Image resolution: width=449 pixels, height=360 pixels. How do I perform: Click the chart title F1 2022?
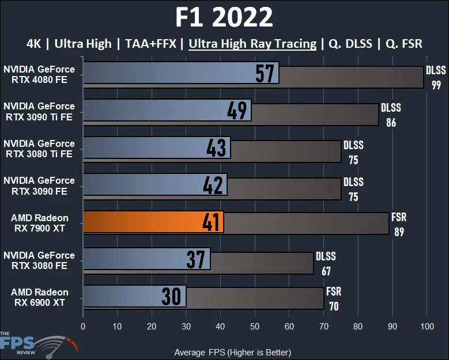pos(224,18)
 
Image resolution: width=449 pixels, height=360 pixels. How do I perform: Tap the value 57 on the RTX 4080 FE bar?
pos(265,74)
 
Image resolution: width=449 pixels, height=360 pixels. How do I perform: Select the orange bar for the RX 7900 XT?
pos(153,222)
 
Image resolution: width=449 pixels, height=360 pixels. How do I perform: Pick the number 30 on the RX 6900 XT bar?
pos(172,296)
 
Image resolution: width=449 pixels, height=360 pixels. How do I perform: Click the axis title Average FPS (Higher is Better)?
pos(232,352)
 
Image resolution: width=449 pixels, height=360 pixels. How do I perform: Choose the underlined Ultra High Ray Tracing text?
pos(252,44)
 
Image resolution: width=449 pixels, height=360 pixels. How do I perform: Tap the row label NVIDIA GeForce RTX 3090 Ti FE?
pos(39,111)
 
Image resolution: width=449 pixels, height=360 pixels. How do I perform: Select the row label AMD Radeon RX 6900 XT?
pos(39,297)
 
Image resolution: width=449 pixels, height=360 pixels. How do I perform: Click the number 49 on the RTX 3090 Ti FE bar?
pos(237,111)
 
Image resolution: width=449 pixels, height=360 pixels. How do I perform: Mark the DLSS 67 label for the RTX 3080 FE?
pos(326,263)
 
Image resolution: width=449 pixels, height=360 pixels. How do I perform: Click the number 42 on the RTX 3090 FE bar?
pos(213,185)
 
